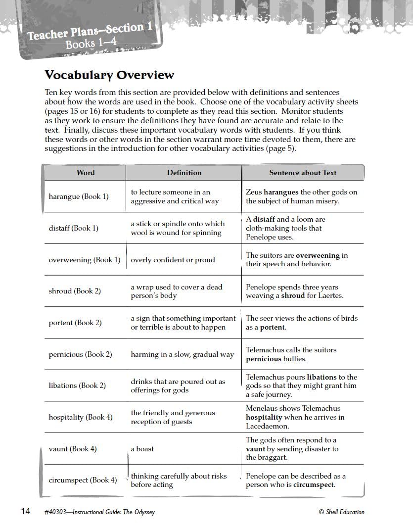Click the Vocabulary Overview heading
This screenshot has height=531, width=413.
click(x=109, y=75)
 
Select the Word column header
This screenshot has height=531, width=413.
click(x=86, y=173)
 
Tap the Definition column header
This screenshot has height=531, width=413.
click(x=184, y=173)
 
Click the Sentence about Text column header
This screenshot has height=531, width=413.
click(x=302, y=173)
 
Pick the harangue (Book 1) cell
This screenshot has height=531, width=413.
click(x=79, y=196)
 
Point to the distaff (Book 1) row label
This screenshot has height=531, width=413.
click(x=73, y=228)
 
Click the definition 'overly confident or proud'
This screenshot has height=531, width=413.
click(x=173, y=260)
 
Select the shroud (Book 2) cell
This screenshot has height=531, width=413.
click(x=75, y=291)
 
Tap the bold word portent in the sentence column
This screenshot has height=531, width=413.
click(x=273, y=328)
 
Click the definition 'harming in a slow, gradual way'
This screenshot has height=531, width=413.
click(x=182, y=354)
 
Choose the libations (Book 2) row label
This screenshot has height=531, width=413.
click(x=77, y=386)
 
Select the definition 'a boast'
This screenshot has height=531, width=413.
click(x=142, y=449)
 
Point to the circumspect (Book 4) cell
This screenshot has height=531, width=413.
click(x=83, y=480)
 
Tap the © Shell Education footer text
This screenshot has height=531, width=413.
click(x=341, y=512)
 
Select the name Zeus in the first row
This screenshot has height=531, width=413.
click(x=254, y=192)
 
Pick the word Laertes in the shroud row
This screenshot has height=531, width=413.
click(x=330, y=296)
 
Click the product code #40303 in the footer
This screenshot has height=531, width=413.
click(x=56, y=512)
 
